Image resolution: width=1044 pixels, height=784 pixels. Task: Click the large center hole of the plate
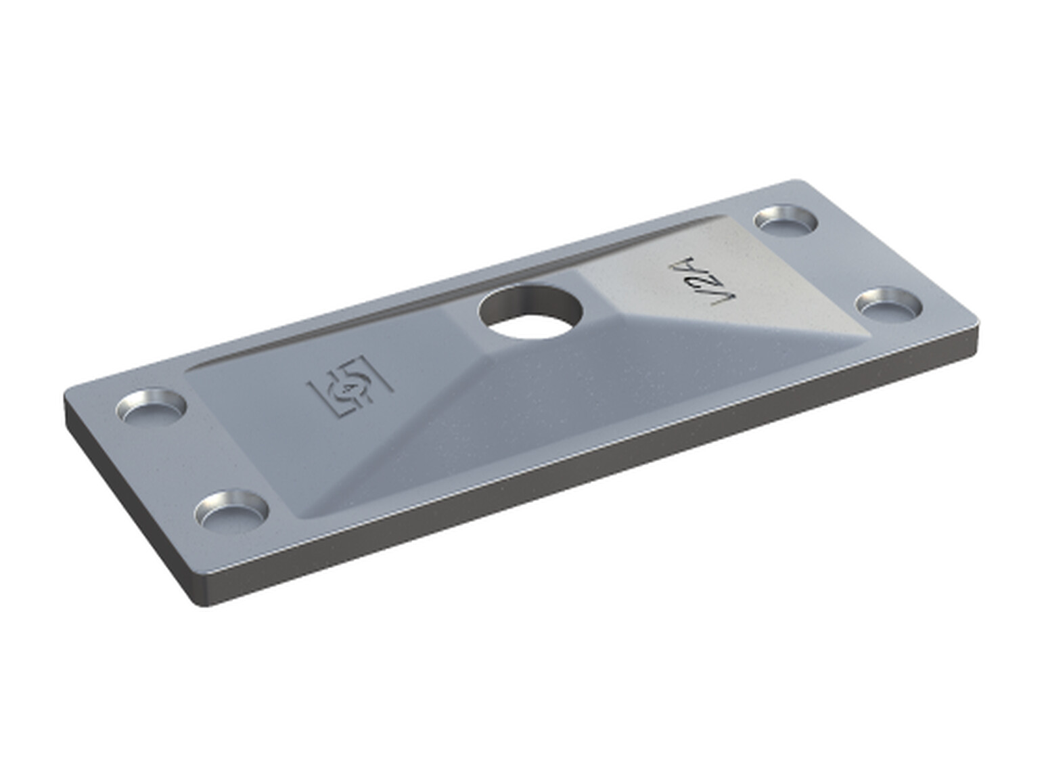pos(530,312)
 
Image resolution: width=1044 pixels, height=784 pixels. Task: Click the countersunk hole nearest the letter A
pos(786,220)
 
